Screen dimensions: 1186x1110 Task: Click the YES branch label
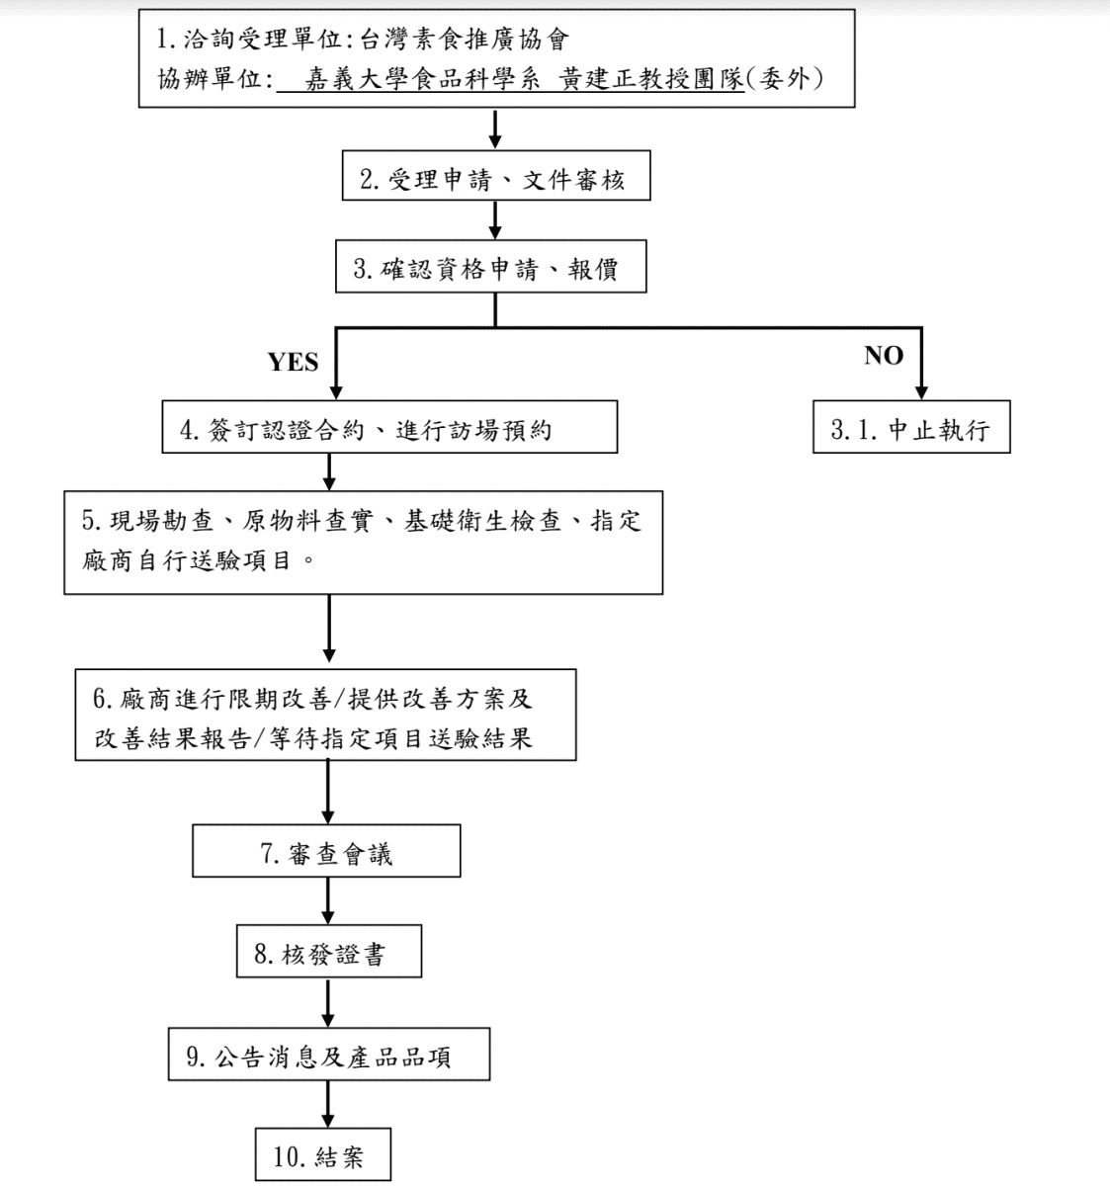click(293, 363)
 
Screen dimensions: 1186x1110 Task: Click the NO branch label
click(883, 356)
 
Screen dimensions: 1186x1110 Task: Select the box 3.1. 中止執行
click(910, 430)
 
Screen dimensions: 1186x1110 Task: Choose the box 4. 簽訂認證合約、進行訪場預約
click(389, 430)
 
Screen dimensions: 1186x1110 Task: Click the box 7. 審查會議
click(326, 853)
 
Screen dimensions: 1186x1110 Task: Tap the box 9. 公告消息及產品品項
click(328, 1057)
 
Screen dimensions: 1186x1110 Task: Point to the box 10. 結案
click(322, 1155)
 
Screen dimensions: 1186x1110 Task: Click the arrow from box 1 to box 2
click(495, 127)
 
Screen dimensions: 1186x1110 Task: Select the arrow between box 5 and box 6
click(329, 631)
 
